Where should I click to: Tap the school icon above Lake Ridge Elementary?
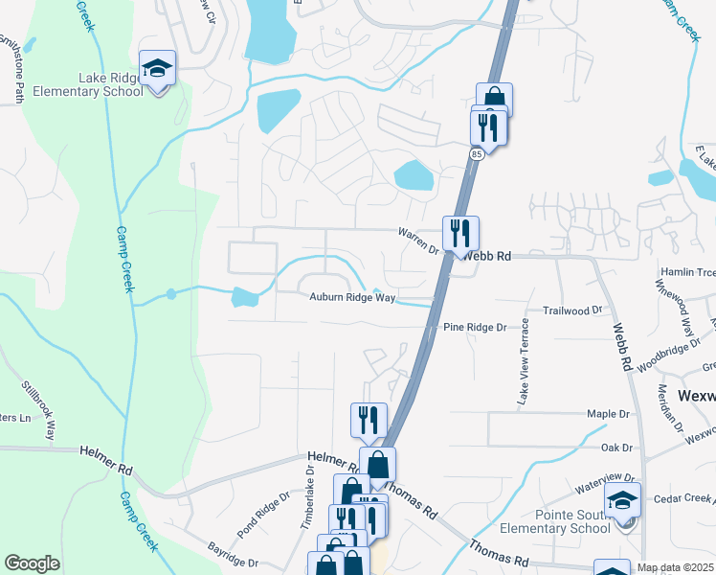(x=157, y=68)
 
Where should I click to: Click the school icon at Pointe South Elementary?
(x=622, y=501)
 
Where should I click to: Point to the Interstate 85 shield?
(x=476, y=152)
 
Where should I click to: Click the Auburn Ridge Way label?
(x=352, y=298)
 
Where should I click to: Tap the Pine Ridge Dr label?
(x=475, y=328)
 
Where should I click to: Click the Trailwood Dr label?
(x=572, y=310)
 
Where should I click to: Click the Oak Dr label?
(x=616, y=448)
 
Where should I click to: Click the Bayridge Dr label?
(x=233, y=555)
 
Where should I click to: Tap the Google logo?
(x=32, y=563)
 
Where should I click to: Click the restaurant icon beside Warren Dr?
(x=460, y=232)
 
